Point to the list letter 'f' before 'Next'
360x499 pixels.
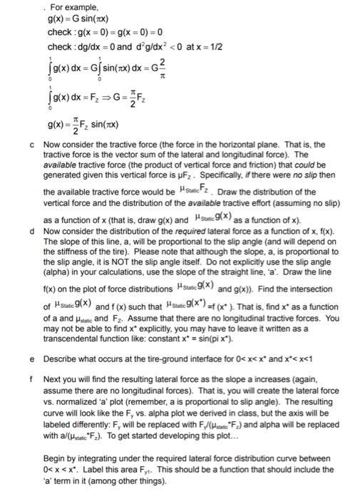pos(33,379)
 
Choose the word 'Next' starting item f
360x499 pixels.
pos(52,379)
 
